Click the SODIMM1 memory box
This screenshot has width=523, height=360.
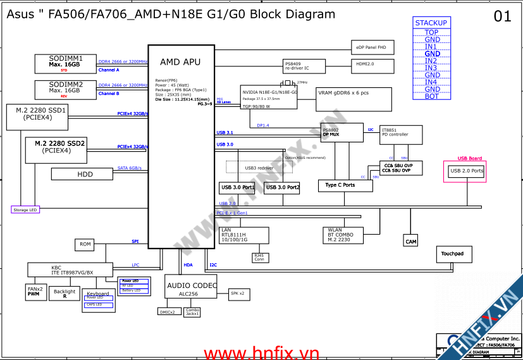click(65, 63)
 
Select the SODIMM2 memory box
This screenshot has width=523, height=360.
click(65, 89)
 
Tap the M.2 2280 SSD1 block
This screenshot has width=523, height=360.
click(45, 114)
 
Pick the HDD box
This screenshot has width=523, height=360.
click(85, 174)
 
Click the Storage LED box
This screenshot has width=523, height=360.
click(25, 209)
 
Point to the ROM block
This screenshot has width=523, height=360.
click(85, 244)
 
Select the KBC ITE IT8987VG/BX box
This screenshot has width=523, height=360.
click(71, 270)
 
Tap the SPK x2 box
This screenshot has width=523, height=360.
click(237, 294)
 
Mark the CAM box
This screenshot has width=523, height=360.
click(411, 241)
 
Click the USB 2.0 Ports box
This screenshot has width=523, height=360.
click(466, 171)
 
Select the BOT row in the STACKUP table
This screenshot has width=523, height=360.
click(431, 96)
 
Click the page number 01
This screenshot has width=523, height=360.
click(502, 17)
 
